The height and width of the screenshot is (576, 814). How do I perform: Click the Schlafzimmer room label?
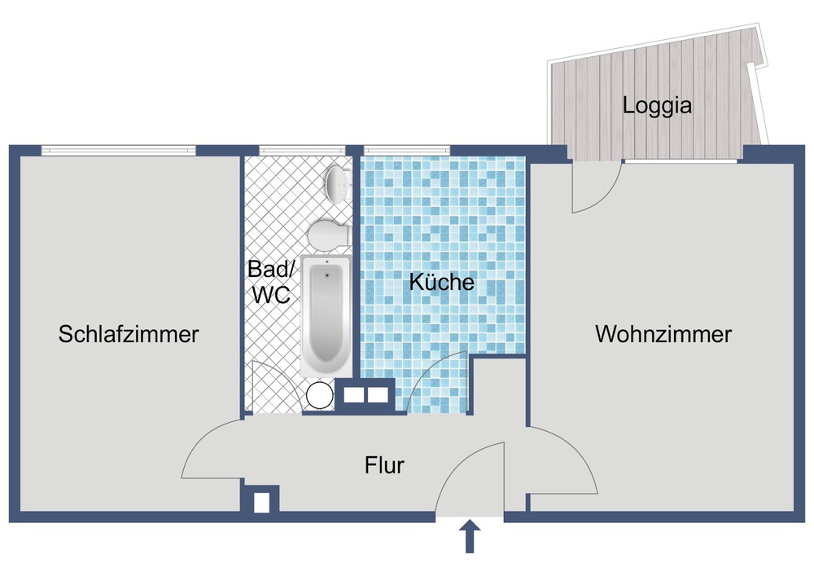coord(129,334)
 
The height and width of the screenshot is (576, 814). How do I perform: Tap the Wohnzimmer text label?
coord(663,334)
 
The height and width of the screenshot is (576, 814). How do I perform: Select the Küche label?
coord(441,284)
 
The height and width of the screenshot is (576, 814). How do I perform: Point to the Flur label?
coord(384,466)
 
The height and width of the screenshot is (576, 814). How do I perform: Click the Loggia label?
coord(657,105)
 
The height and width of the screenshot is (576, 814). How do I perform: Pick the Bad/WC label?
coord(270,283)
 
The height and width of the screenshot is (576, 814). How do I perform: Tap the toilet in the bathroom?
coord(329,234)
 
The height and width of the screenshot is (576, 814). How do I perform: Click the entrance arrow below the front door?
coord(470,539)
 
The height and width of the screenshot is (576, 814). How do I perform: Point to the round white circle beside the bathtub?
coord(320,395)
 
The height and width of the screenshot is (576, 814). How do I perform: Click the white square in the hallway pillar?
coord(261,502)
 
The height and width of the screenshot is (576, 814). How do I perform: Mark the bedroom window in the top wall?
coord(119,150)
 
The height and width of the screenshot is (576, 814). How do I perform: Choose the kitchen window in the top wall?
coord(406,150)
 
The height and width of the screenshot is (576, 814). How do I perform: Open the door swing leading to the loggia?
coord(593,186)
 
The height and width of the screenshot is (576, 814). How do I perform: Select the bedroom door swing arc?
coord(213,450)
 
